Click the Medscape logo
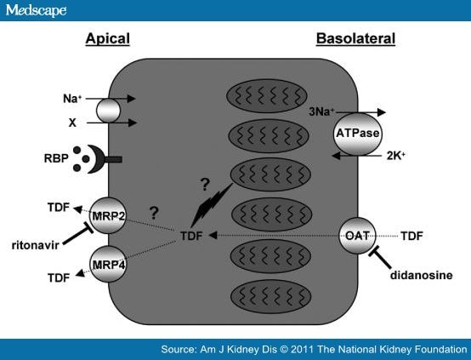(36, 10)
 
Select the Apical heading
(107, 39)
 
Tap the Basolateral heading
(355, 39)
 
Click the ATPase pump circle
(357, 134)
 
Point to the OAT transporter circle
(357, 236)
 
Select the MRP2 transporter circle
(108, 215)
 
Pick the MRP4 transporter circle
(108, 264)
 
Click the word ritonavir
(35, 245)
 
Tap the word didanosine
(422, 275)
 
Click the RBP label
(56, 158)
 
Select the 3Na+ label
(321, 111)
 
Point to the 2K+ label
(396, 156)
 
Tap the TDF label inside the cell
(191, 236)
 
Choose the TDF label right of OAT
(411, 236)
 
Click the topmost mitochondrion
(267, 96)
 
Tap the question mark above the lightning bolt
(205, 185)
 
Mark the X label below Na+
(72, 123)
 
